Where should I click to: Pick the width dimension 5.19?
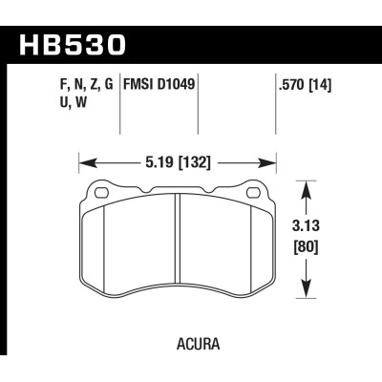pos(160,161)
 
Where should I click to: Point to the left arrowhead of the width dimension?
pos(81,161)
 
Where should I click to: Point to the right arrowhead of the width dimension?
pos(279,161)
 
